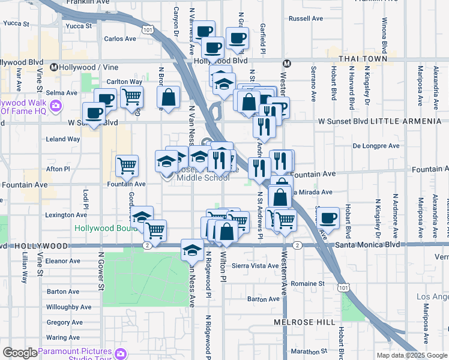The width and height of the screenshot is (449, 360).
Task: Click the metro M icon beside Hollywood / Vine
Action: [x=54, y=67]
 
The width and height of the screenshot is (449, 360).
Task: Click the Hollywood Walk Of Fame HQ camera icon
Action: [x=56, y=106]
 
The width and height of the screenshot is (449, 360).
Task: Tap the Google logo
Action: [x=19, y=353]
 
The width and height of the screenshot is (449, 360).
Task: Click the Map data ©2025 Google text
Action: [x=412, y=355]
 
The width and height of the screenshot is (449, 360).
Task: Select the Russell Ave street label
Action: [x=307, y=19]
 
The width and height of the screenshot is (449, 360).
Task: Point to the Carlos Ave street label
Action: [x=120, y=38]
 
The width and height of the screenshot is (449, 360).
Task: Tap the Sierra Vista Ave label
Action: [x=252, y=265]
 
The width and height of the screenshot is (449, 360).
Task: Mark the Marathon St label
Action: [x=307, y=351]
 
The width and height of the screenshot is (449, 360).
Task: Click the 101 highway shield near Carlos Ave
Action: [x=147, y=29]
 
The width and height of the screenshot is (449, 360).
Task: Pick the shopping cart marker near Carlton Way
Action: [x=131, y=95]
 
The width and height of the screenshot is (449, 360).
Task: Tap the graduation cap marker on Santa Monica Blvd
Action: [x=191, y=250]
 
